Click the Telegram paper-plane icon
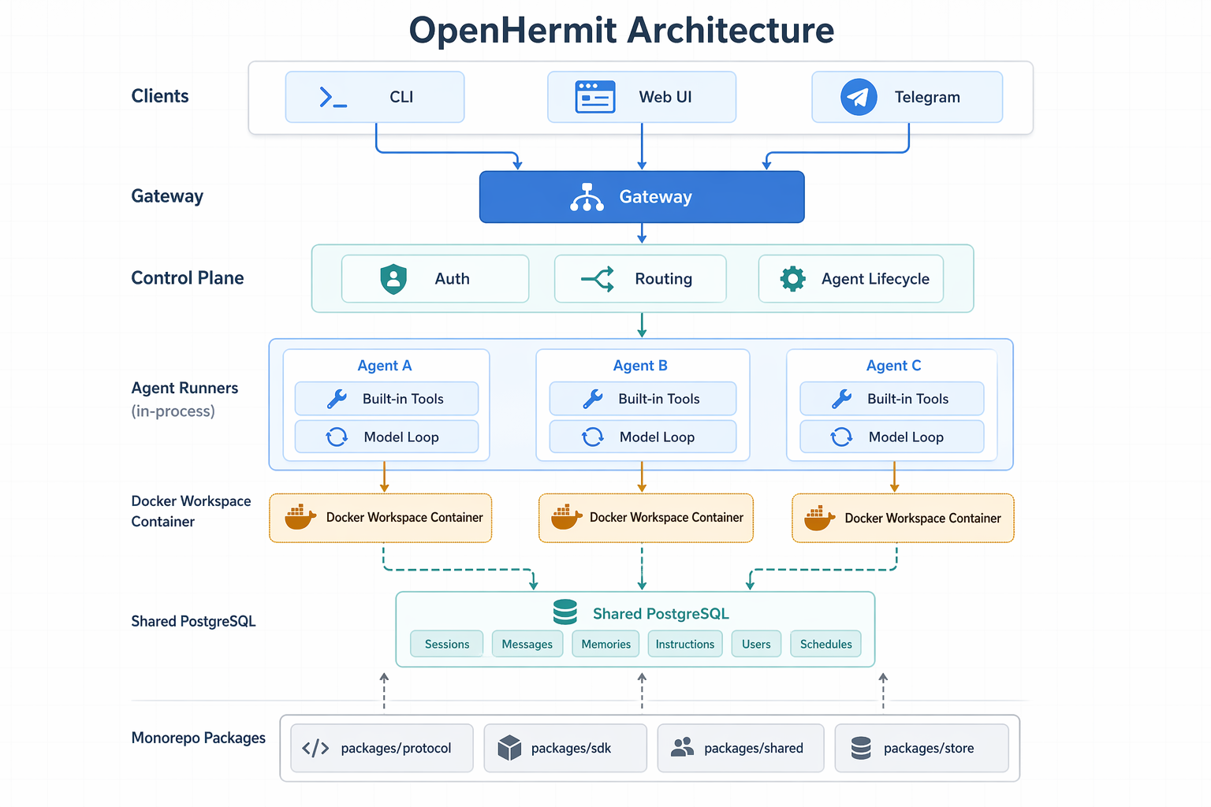pyautogui.click(x=859, y=97)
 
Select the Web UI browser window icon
pyautogui.click(x=594, y=97)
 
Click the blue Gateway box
pyautogui.click(x=642, y=197)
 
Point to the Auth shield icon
pyautogui.click(x=393, y=279)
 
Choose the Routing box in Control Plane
pyautogui.click(x=640, y=279)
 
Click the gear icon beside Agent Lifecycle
pyautogui.click(x=792, y=279)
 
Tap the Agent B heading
pyautogui.click(x=640, y=366)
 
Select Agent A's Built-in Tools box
pyautogui.click(x=386, y=399)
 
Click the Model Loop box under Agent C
pyautogui.click(x=892, y=437)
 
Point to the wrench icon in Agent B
pyautogui.click(x=593, y=399)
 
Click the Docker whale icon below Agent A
pyautogui.click(x=300, y=517)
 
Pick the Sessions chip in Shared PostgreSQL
pyautogui.click(x=446, y=644)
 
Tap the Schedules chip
pyautogui.click(x=825, y=644)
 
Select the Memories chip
pyautogui.click(x=605, y=644)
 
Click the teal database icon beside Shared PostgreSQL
pyautogui.click(x=565, y=612)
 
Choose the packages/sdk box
pyautogui.click(x=565, y=748)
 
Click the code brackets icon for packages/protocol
pyautogui.click(x=315, y=748)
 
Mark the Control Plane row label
pyautogui.click(x=187, y=278)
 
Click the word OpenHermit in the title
pyautogui.click(x=512, y=31)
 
